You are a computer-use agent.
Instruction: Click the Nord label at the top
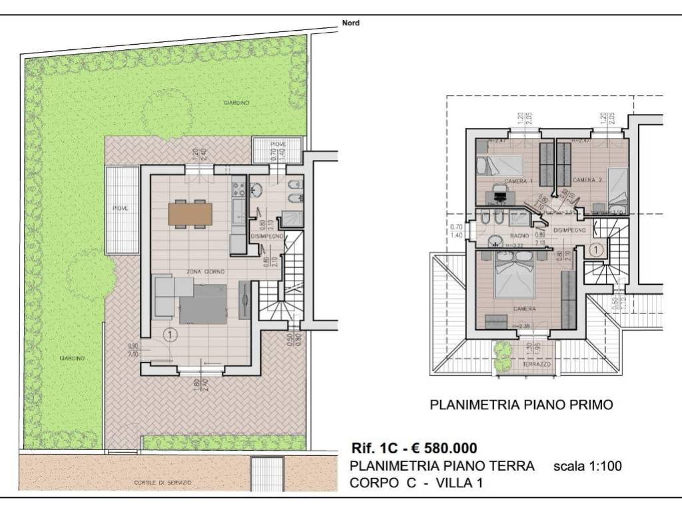tap(350, 23)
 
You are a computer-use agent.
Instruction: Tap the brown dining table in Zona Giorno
tap(190, 214)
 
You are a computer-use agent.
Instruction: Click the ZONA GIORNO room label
tap(205, 272)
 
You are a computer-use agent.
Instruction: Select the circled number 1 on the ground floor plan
tap(170, 335)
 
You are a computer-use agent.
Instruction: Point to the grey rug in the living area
tap(206, 303)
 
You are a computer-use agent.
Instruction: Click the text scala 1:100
tap(587, 467)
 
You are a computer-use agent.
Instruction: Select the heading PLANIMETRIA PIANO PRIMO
tap(521, 404)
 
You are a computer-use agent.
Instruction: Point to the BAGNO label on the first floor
tap(520, 236)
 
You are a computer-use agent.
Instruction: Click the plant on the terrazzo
tap(504, 351)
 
